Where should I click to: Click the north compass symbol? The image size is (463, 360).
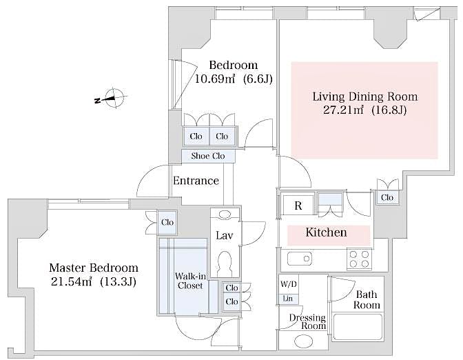tap(115, 100)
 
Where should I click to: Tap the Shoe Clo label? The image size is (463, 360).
tap(208, 156)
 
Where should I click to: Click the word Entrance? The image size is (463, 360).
tap(196, 181)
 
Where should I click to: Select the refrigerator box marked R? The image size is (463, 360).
tap(298, 206)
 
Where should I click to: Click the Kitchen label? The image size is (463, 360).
tap(326, 232)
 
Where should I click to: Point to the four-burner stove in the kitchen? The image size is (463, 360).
tap(359, 259)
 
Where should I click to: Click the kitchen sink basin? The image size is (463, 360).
tap(300, 259)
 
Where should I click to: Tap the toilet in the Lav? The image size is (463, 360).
tap(225, 263)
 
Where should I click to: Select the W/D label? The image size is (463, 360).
tap(289, 284)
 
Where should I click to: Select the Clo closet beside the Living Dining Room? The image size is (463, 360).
tap(387, 197)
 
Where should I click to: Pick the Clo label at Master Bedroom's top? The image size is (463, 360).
tap(167, 222)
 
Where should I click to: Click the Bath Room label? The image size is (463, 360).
tap(367, 299)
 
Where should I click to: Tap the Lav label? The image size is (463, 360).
tap(224, 235)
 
